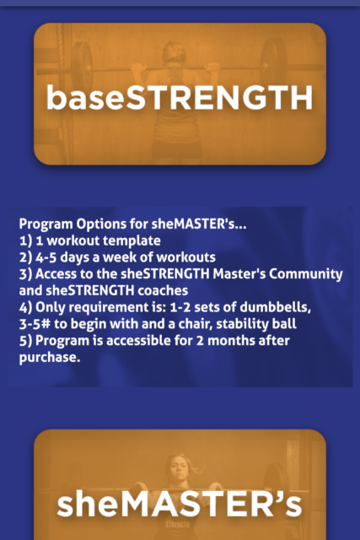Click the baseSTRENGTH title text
180,98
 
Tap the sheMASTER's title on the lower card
180,504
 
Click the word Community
306,274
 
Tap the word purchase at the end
50,358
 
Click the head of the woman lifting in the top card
174,52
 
